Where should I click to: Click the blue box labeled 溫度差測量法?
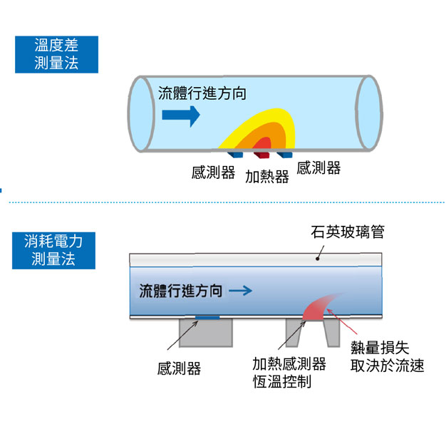56,53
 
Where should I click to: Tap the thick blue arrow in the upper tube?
180,115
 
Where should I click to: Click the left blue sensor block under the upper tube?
236,154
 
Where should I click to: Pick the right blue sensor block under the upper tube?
284,155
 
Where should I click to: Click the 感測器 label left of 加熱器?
213,172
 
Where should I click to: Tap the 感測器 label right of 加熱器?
318,168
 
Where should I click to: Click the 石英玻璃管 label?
347,232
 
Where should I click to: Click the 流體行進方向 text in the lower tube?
181,291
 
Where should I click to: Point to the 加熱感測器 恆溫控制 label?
289,373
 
